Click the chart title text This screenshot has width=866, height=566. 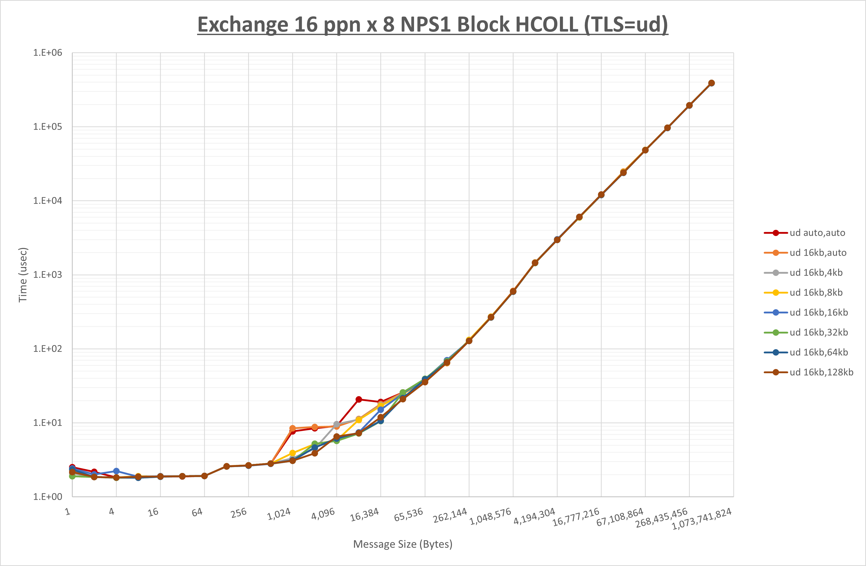(433, 25)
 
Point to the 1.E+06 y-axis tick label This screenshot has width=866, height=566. (48, 53)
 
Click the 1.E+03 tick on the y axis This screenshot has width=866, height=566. (48, 275)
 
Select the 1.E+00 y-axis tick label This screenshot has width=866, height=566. (48, 497)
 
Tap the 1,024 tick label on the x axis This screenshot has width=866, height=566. (279, 514)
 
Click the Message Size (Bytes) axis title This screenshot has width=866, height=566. (403, 544)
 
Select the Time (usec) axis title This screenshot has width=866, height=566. (23, 275)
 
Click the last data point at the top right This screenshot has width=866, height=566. (711, 83)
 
